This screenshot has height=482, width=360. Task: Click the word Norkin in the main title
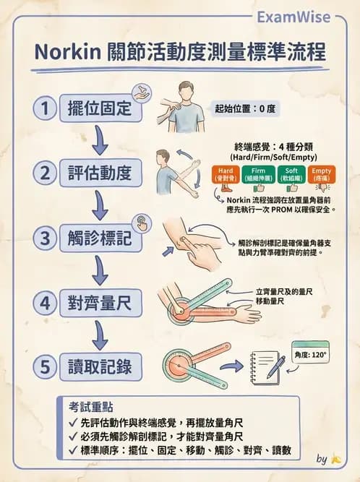point(69,53)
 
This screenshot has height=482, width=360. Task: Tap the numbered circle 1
point(45,109)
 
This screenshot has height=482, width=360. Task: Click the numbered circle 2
point(45,173)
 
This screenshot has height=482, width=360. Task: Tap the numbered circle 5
point(45,367)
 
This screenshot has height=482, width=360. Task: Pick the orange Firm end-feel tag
point(257,173)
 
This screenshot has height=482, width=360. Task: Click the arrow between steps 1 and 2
point(100,141)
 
